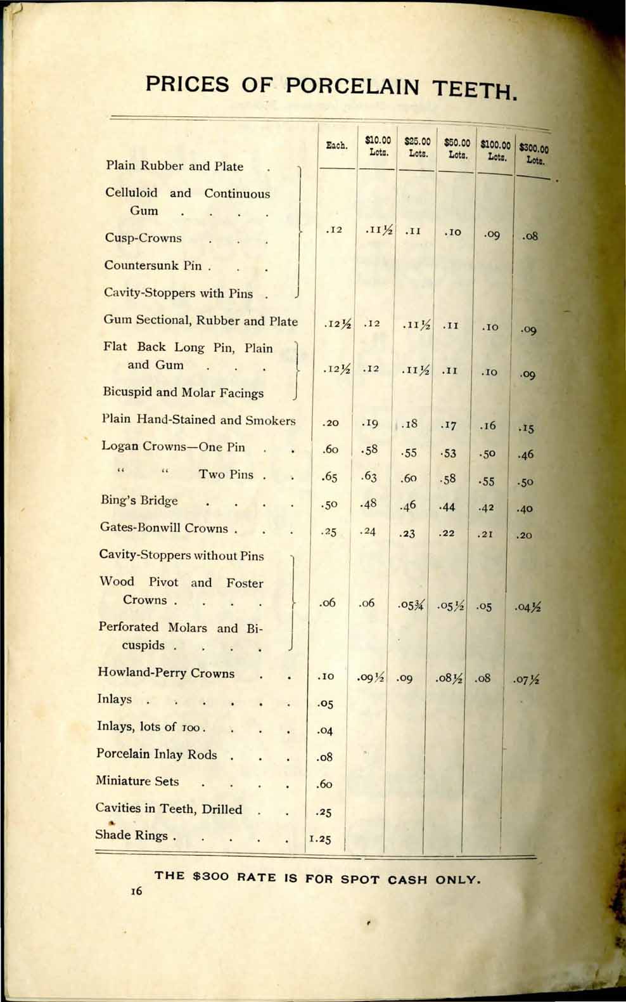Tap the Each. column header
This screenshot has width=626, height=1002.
pyautogui.click(x=336, y=146)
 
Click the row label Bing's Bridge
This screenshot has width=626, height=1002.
pyautogui.click(x=139, y=500)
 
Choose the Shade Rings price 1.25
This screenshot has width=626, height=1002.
pyautogui.click(x=321, y=838)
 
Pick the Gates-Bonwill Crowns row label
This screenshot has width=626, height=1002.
pyautogui.click(x=163, y=528)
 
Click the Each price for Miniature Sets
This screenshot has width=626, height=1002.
pyautogui.click(x=324, y=784)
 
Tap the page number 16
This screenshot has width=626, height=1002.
pyautogui.click(x=136, y=891)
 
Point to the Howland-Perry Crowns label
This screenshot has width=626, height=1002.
pyautogui.click(x=166, y=673)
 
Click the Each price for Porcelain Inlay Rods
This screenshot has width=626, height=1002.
pyautogui.click(x=324, y=757)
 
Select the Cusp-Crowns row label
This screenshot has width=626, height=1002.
pyautogui.click(x=143, y=238)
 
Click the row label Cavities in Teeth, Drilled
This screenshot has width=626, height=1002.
pyautogui.click(x=169, y=809)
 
